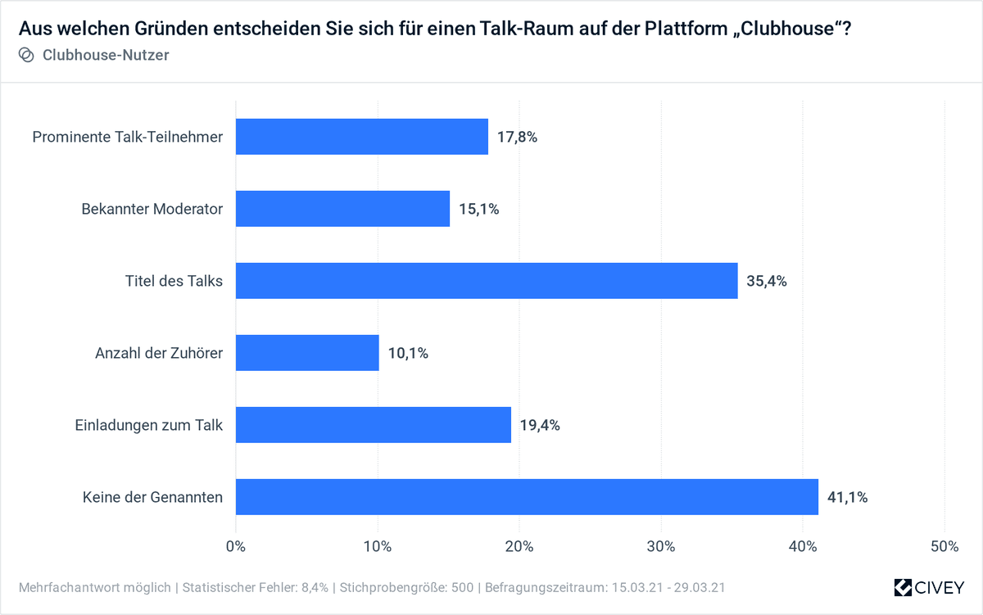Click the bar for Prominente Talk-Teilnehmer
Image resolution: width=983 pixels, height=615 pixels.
pos(361,137)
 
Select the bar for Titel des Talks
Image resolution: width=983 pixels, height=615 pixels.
pos(487,281)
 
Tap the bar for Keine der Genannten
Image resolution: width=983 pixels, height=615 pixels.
pos(527,497)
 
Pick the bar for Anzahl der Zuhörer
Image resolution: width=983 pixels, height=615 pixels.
pos(307,353)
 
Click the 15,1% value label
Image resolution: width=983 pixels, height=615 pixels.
pos(478,209)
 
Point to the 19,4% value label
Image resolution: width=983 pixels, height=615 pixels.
pos(540,425)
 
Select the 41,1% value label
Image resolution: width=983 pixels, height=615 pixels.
pos(847,497)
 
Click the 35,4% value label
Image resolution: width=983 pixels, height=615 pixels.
pos(767,281)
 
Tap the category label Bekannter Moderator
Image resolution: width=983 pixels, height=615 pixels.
pos(152,209)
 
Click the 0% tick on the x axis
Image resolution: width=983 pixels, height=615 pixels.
pos(236,546)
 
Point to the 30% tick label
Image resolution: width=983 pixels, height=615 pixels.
pos(661,546)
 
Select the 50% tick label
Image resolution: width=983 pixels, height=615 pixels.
pos(944,546)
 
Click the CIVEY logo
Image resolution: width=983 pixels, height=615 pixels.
pos(929,587)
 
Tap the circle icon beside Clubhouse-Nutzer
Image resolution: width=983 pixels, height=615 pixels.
pos(26,55)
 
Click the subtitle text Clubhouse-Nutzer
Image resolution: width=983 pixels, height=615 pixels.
pos(106,55)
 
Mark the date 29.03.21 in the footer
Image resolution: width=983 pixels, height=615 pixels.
pos(696,588)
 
